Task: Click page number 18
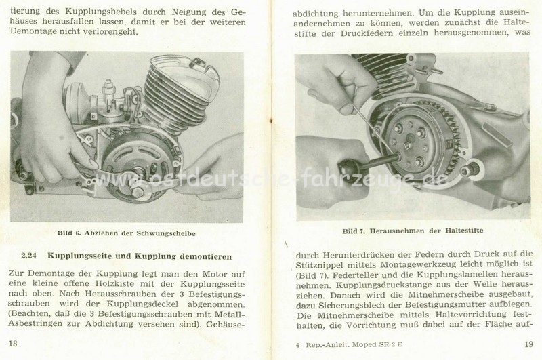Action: pos(13,344)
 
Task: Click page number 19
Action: pos(528,344)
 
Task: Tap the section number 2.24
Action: pos(28,256)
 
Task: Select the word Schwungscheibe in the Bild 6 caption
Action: pos(166,233)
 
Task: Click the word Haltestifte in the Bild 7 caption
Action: pos(464,231)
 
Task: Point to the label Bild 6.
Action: pos(69,233)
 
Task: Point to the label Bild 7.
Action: pos(354,231)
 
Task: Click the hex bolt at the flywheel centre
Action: pos(135,191)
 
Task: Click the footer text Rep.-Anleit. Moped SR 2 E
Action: pos(354,345)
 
